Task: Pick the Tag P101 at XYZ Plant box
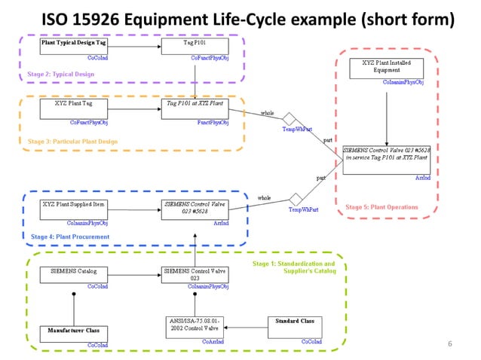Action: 195,108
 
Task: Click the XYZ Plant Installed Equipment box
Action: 386,67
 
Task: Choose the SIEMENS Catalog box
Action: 74,274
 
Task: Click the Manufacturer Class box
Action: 74,332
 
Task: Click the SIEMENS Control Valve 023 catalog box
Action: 195,274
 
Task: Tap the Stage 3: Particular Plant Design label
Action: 72,142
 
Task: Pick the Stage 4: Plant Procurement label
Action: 70,236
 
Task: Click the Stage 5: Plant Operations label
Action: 381,207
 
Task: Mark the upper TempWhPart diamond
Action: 288,118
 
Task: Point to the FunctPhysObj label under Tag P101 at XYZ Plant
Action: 213,122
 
